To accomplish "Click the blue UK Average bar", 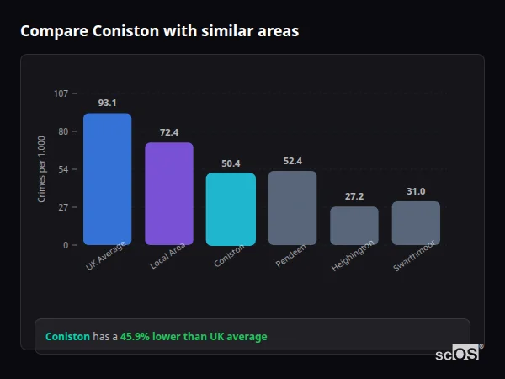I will click(x=107, y=179).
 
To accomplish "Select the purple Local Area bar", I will click(x=169, y=194).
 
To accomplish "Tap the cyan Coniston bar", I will click(x=231, y=209).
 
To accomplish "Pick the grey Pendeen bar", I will click(x=292, y=208).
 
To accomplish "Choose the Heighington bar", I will click(x=353, y=226).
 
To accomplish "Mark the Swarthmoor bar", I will click(x=416, y=223).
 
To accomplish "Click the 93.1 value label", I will click(x=107, y=103).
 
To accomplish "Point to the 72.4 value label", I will click(x=169, y=132).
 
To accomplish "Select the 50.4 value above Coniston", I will click(x=231, y=163).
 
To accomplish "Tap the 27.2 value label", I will click(x=353, y=196).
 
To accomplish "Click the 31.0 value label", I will click(x=416, y=191).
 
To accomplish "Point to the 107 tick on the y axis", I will click(x=61, y=93).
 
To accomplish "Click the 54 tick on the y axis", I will click(x=63, y=169).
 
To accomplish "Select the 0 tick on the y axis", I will click(x=65, y=245).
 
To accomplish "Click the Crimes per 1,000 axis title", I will click(x=41, y=169).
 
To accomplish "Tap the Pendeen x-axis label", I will click(x=291, y=257).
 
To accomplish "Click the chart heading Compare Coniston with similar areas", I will click(x=159, y=31).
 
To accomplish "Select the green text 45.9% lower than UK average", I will click(x=194, y=337).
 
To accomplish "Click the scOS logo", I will click(x=457, y=354).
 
